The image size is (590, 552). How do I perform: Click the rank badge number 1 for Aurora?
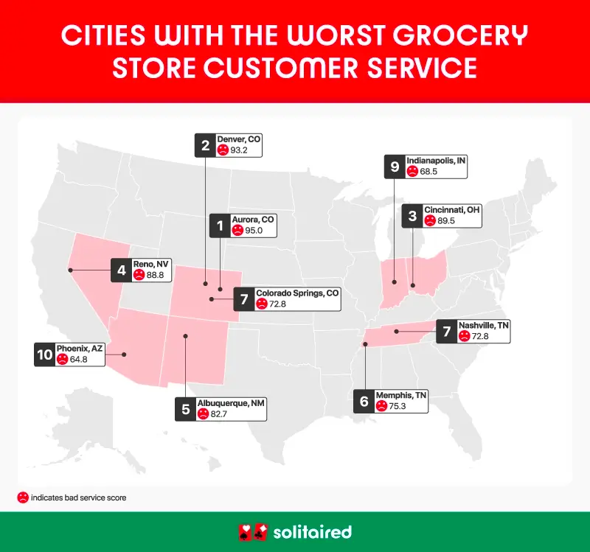(x=220, y=226)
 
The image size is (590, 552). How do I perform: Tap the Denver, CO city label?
(x=239, y=139)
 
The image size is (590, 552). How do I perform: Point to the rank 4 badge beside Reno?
(x=120, y=270)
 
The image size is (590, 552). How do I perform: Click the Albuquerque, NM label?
(x=231, y=403)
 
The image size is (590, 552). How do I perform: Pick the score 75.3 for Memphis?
(x=401, y=405)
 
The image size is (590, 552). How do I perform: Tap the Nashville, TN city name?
(x=483, y=325)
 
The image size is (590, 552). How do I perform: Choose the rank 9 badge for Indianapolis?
(x=395, y=167)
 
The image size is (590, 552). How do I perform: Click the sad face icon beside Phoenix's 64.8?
(x=63, y=359)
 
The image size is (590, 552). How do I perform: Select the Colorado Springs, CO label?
(x=297, y=293)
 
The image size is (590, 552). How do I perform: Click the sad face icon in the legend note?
(x=23, y=497)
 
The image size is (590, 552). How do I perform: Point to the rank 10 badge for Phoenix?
(x=44, y=354)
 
